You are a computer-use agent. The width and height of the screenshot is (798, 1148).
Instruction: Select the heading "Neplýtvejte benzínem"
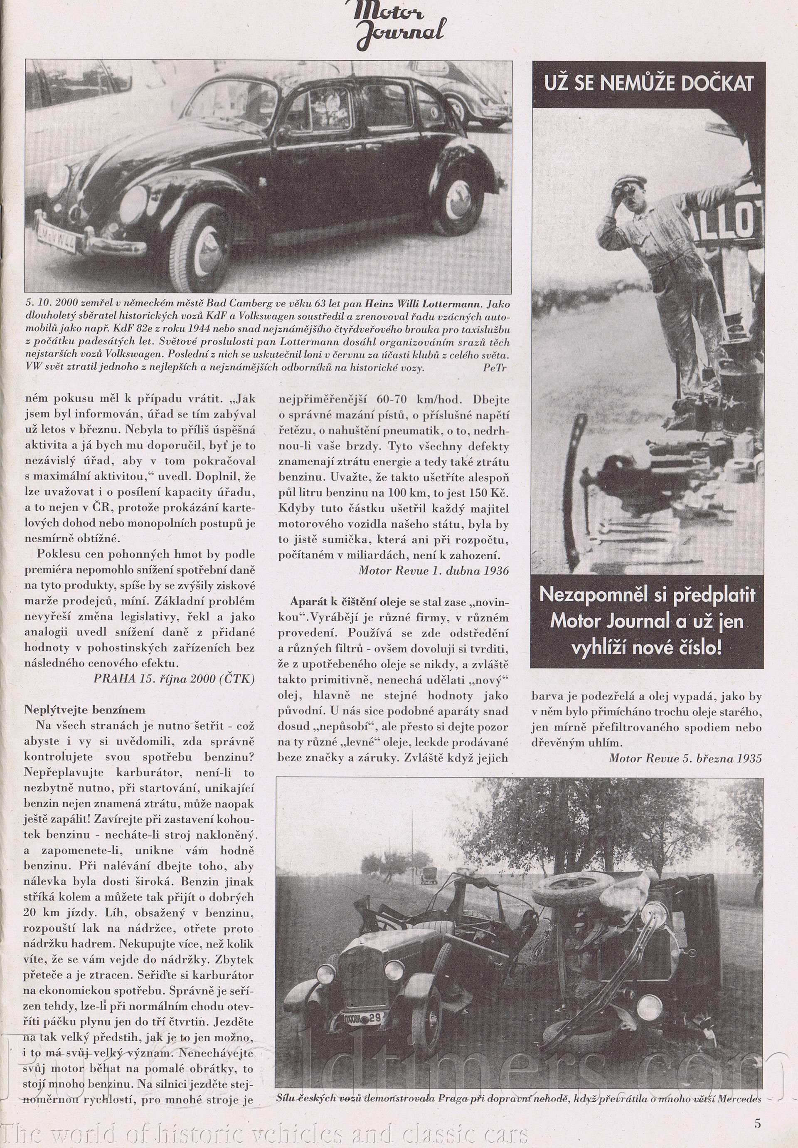85,709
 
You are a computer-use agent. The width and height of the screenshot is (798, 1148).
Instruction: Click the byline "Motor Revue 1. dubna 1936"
433,570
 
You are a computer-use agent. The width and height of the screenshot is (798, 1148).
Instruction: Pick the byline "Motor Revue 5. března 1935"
685,758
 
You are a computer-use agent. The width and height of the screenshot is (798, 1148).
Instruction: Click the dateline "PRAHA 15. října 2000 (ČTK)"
174,679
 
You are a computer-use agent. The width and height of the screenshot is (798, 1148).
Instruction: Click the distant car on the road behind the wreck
429,875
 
